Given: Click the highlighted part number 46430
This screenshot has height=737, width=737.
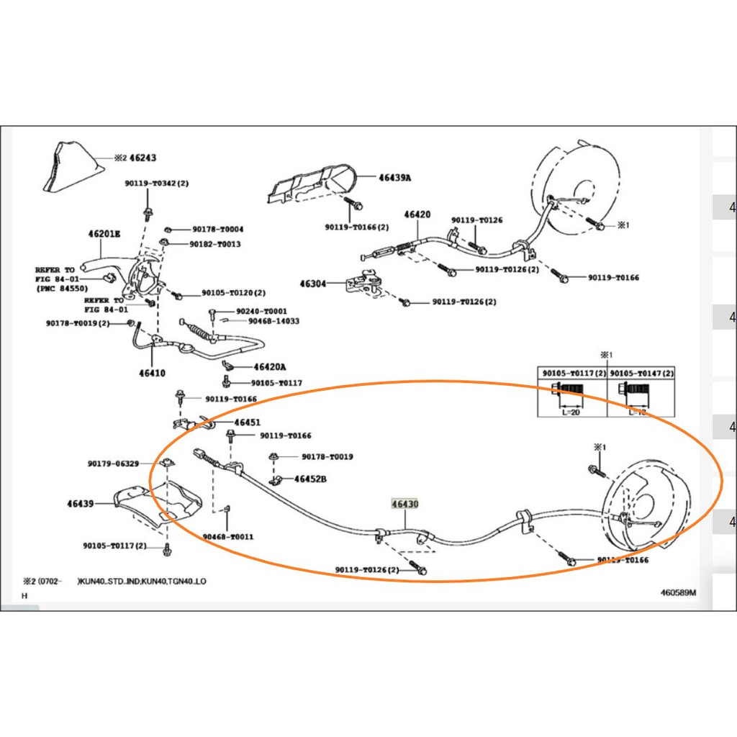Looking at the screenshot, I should coord(404,504).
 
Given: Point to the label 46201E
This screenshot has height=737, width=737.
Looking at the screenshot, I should coord(104,233).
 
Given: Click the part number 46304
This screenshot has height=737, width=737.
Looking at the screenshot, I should coord(312,284).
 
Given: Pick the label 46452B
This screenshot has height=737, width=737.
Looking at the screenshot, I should coord(310,479).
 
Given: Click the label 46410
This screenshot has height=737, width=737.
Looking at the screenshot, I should coord(152,373).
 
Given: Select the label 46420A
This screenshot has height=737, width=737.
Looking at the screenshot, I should coord(269,367).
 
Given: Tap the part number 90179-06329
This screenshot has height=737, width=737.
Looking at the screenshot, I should coord(113,464).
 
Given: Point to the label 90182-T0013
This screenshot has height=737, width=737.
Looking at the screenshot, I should coord(214,244).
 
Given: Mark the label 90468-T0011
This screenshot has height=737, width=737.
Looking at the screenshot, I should coord(227,537).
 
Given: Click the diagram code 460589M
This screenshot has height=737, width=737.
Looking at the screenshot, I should coord(679,593).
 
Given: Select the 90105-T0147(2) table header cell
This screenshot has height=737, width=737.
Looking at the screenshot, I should coord(641,374).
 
